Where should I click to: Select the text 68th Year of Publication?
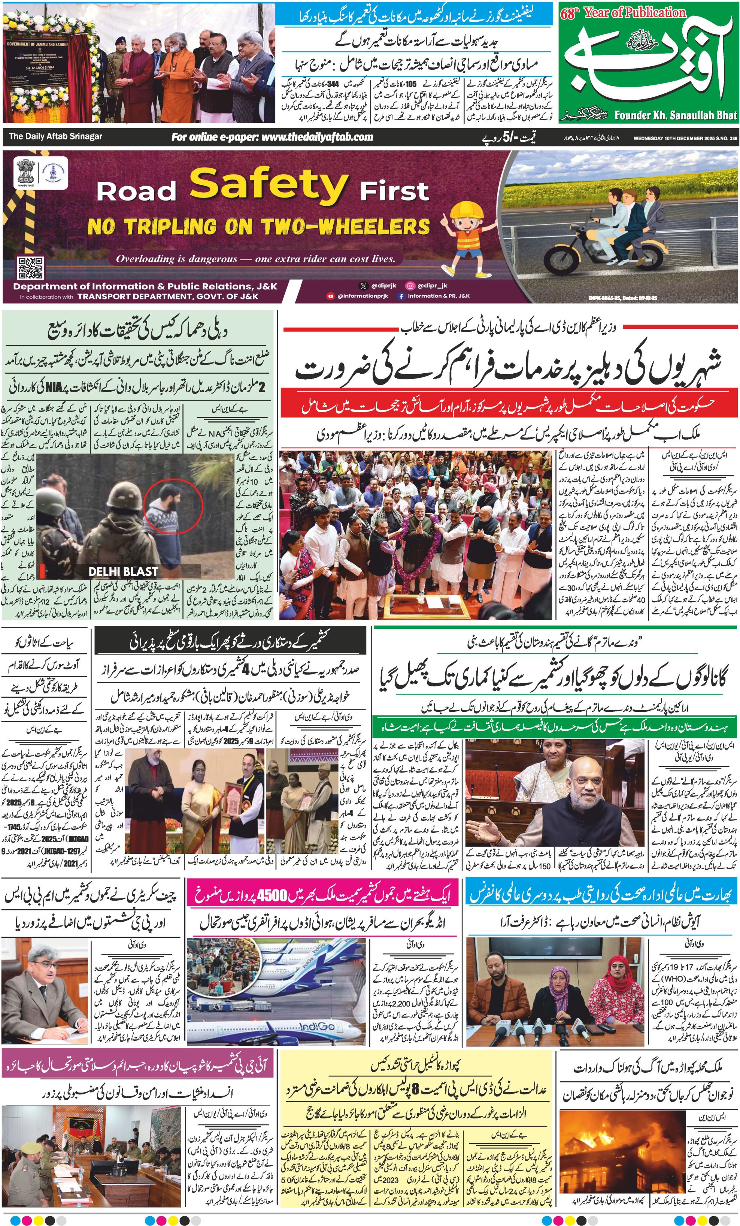pyautogui.click(x=623, y=13)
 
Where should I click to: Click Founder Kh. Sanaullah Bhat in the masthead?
pyautogui.click(x=675, y=116)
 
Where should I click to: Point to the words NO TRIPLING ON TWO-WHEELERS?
pyautogui.click(x=259, y=227)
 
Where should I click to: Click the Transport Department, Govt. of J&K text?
pyautogui.click(x=168, y=296)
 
